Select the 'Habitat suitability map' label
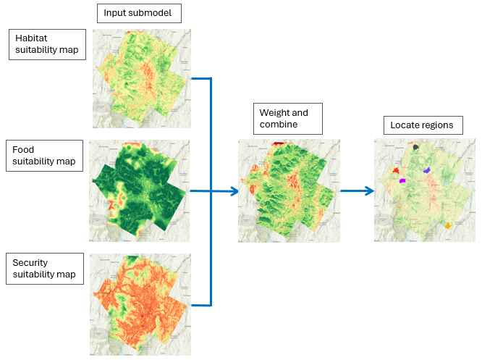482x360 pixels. [46, 44]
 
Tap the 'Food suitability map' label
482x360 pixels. [41, 156]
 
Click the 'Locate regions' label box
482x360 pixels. [421, 125]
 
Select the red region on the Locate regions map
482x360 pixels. [396, 170]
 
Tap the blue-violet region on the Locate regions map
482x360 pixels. [428, 169]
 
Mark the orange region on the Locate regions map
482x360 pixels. [448, 225]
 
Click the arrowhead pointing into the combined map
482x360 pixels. [234, 191]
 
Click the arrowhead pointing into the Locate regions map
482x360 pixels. [370, 191]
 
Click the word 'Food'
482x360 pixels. [23, 150]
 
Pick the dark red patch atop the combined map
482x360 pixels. [279, 144]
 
